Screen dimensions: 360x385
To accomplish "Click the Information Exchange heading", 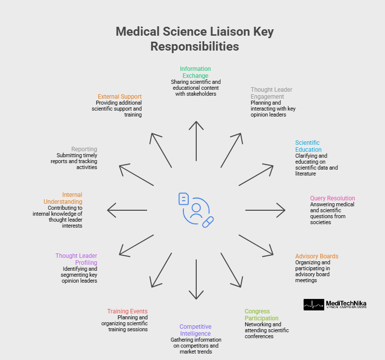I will click(195, 72).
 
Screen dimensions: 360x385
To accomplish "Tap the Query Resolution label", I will click(332, 198).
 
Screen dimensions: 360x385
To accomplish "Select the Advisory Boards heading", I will click(317, 256).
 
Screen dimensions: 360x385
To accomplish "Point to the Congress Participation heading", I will click(262, 315).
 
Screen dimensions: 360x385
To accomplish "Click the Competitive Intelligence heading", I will click(195, 330).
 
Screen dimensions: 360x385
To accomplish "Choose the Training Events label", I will click(127, 311).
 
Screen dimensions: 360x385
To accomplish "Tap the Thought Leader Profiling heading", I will click(76, 259).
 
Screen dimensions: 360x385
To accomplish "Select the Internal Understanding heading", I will click(63, 198).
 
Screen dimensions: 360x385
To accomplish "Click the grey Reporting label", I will click(84, 149).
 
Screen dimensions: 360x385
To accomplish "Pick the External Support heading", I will click(120, 97).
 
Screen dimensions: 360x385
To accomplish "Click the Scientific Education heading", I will click(308, 146).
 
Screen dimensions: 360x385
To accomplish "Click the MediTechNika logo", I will click(335, 304).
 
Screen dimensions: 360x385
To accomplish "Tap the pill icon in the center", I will click(208, 221).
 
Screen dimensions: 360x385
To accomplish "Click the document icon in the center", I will click(184, 199).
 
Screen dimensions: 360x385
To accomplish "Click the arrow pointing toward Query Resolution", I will click(266, 210).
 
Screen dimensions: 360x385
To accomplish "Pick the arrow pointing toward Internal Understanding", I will click(127, 210).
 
